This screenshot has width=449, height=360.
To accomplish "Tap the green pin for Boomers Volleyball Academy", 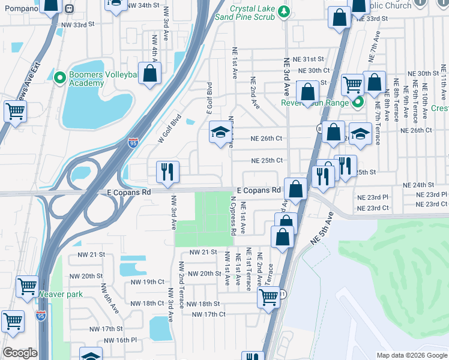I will tap(59, 78).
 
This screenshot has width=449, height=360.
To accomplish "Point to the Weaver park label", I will tap(61, 294).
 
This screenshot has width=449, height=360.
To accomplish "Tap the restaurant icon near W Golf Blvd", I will tap(167, 172).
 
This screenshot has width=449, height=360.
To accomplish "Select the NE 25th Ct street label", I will tap(267, 161).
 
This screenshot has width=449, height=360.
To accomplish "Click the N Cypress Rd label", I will tap(232, 215).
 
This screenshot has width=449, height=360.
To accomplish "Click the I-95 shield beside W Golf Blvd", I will tap(133, 142).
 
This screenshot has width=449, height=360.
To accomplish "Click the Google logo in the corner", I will tap(20, 353).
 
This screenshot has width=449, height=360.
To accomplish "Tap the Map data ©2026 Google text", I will tap(411, 355).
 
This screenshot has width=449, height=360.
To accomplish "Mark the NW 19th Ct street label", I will tap(147, 281).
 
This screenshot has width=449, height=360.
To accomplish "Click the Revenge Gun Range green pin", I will tap(357, 101).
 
